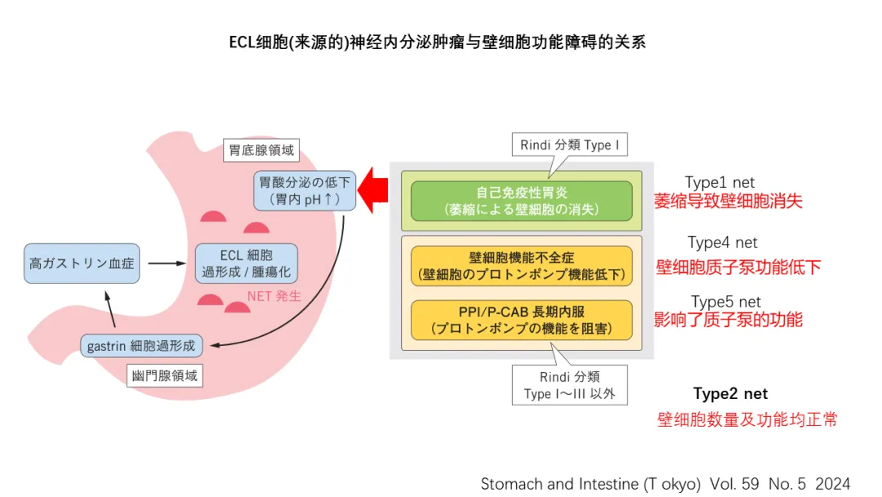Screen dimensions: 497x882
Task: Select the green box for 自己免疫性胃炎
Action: point(521,200)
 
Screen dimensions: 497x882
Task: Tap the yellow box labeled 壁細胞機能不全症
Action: point(521,266)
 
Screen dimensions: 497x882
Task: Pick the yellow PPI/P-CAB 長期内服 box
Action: point(521,320)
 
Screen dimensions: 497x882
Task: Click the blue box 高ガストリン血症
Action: point(81,263)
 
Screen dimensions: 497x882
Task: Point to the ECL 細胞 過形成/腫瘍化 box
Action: point(247,262)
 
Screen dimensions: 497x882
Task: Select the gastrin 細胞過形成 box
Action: point(141,345)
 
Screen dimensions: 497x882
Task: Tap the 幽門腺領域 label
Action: point(166,375)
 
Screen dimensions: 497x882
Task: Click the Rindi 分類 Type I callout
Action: point(570,146)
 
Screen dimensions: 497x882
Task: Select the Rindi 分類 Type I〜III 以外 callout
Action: point(570,386)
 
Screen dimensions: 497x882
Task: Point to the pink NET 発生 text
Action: point(274,296)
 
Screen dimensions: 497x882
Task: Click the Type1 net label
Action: point(719,182)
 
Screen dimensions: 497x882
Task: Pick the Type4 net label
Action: point(722,242)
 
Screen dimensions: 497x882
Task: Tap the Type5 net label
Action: point(725,302)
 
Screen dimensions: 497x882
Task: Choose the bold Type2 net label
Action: point(730,394)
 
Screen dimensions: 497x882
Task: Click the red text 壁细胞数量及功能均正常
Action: point(746,420)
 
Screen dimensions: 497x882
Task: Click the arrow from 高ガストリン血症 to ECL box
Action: point(168,263)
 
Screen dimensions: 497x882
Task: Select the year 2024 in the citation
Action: point(832,483)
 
